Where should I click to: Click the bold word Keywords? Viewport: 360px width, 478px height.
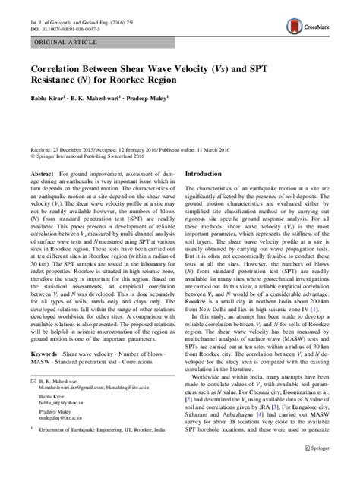pyautogui.click(x=46, y=375)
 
